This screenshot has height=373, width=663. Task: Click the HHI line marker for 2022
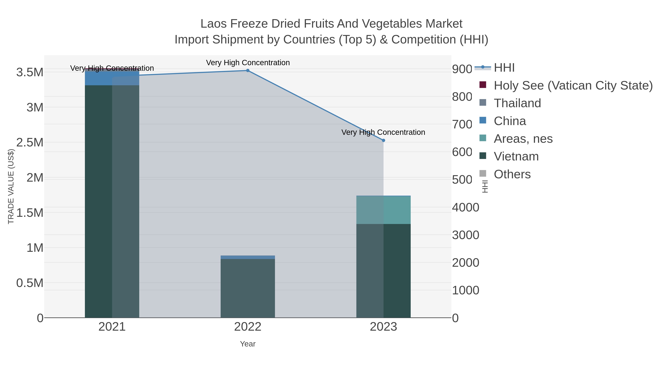tap(248, 71)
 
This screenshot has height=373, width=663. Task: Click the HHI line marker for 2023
tap(383, 140)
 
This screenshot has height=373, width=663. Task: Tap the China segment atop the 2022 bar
tap(248, 257)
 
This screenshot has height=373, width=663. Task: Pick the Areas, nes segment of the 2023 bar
tap(383, 210)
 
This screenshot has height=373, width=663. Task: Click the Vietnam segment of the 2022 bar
tap(248, 288)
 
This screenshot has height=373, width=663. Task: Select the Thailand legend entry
tap(517, 103)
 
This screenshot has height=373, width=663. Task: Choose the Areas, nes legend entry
tap(523, 139)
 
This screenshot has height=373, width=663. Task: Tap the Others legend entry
tap(512, 174)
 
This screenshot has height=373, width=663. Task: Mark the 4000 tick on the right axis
tap(466, 207)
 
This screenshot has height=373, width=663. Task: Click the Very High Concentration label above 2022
tap(248, 63)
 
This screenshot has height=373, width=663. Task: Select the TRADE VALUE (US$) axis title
tap(11, 186)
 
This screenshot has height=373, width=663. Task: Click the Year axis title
tap(248, 344)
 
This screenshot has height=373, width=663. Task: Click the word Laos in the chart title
tap(213, 24)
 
